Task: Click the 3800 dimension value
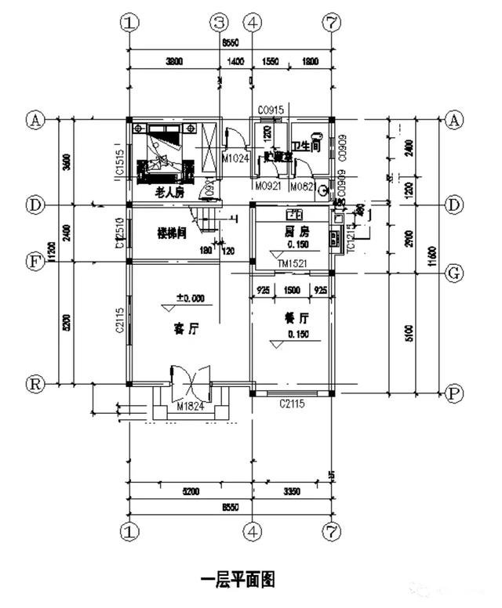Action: click(174, 60)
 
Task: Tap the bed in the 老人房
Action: click(166, 155)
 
